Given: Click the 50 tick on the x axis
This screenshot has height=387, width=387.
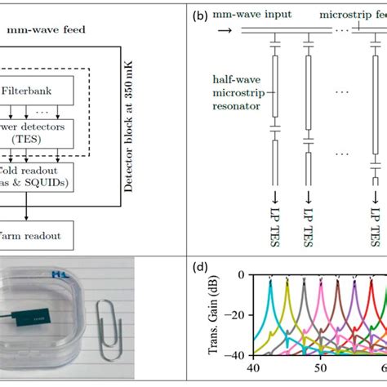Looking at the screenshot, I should (x=322, y=369).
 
